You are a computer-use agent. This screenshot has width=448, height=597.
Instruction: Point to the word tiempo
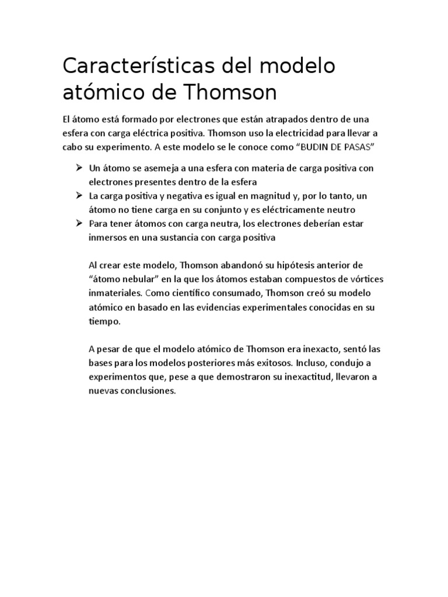tap(104, 321)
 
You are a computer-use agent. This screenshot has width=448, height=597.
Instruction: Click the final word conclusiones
tap(145, 391)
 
